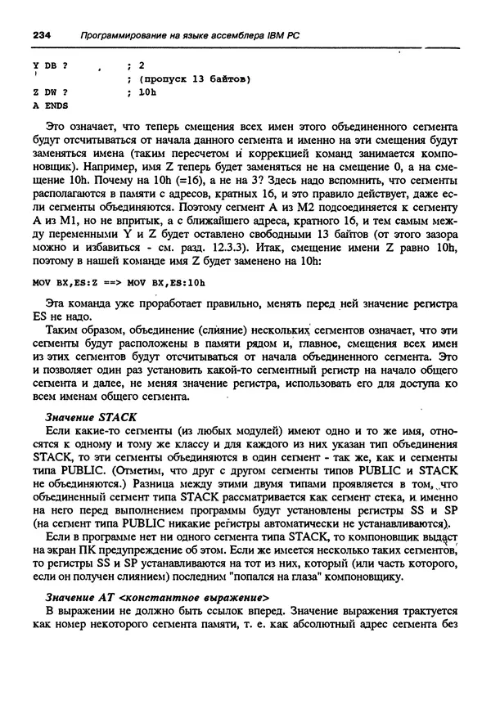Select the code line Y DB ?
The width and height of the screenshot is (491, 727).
[50, 65]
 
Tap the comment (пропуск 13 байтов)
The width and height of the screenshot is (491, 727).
[194, 79]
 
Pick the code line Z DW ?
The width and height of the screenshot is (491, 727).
[50, 92]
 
